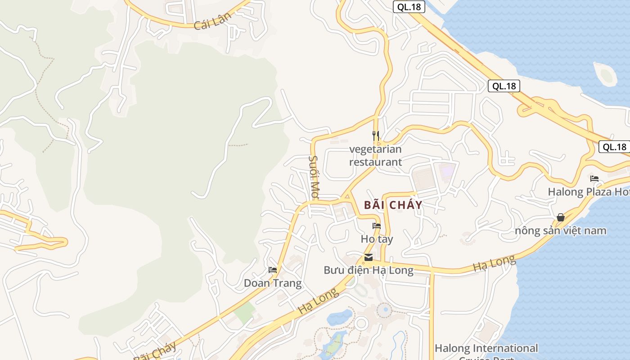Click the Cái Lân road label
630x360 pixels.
point(212,21)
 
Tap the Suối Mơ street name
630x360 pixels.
point(314,177)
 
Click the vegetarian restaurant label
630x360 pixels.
point(375,155)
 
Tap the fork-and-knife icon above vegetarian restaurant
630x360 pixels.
point(376,135)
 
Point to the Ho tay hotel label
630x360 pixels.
point(377,239)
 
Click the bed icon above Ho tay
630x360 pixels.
point(377,226)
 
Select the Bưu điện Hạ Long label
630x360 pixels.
point(369,270)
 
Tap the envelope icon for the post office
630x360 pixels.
point(369,257)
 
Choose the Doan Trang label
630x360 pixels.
point(273,283)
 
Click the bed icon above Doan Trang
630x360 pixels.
point(273,270)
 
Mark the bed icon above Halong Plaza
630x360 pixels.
point(594,179)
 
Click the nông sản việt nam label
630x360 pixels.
point(561,231)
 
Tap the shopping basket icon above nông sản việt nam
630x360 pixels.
point(561,218)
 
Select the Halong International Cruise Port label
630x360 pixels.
point(486,349)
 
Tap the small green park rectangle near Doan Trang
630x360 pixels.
point(245,313)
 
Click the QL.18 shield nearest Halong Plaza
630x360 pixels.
point(614,147)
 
